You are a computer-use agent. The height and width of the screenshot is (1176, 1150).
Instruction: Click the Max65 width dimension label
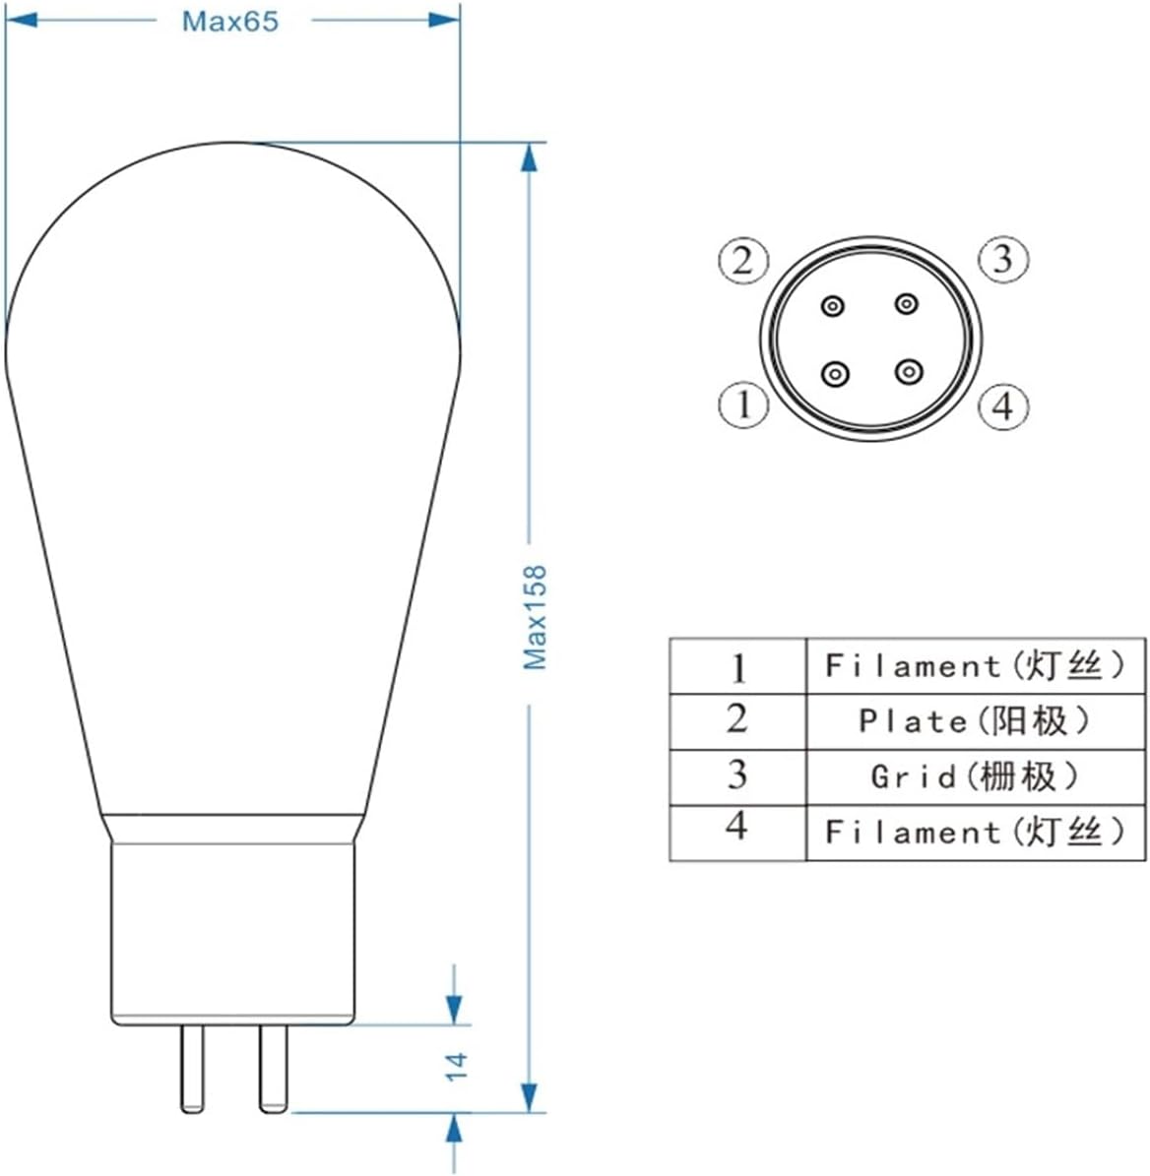click(x=230, y=21)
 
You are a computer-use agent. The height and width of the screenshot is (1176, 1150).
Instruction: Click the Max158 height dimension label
click(x=535, y=617)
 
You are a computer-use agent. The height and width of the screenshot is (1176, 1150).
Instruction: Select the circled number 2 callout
click(x=741, y=261)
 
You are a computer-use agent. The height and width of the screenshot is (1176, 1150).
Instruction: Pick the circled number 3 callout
click(x=1002, y=259)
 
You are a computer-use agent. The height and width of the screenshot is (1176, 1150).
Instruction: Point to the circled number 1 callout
click(x=741, y=404)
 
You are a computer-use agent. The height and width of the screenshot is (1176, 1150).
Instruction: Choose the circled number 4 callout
click(x=1002, y=405)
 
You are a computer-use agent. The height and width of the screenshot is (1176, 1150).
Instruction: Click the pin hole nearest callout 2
click(x=834, y=307)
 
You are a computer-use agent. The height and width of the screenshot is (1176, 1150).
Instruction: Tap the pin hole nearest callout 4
click(x=907, y=372)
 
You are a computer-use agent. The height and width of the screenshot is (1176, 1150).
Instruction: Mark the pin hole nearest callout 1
click(x=835, y=373)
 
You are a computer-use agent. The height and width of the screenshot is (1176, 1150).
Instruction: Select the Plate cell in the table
click(x=975, y=721)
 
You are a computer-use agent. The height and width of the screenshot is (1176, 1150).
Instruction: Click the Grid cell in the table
click(x=975, y=777)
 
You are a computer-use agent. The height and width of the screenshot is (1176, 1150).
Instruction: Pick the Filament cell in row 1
click(x=975, y=666)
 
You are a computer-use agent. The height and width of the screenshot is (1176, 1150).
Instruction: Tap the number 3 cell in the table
click(x=737, y=777)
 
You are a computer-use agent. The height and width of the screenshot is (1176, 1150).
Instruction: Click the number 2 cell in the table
click(x=737, y=721)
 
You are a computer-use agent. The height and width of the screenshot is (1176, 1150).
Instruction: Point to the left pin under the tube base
click(x=192, y=1069)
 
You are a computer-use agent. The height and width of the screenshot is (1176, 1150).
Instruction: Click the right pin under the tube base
click(x=273, y=1069)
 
